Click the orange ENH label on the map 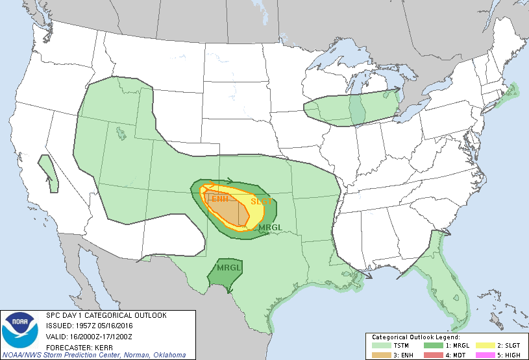coord(219,199)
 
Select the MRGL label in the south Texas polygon coord(228,267)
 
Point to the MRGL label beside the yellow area coord(269,228)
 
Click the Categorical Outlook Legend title coord(415,337)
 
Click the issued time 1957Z coord(81,325)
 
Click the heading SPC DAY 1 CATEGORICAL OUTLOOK coord(106,315)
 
